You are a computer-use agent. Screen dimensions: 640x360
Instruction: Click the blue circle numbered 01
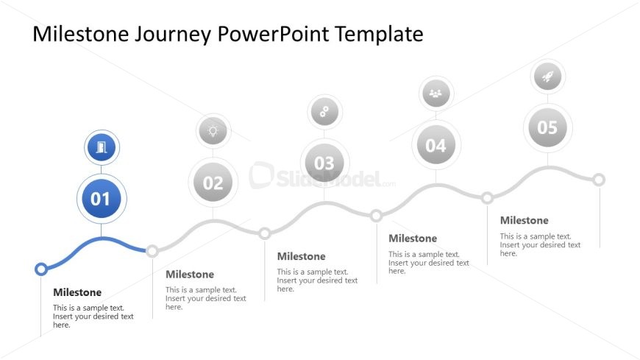pyautogui.click(x=102, y=199)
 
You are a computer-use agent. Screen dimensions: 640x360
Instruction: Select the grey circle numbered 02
pyautogui.click(x=213, y=183)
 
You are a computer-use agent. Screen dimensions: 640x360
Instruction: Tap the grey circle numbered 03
pyautogui.click(x=324, y=163)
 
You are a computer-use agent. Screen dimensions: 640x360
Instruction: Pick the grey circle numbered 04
pyautogui.click(x=436, y=144)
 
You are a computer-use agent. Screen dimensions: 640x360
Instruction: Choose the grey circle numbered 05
pyautogui.click(x=547, y=127)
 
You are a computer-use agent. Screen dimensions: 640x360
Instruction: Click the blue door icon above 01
pyautogui.click(x=102, y=147)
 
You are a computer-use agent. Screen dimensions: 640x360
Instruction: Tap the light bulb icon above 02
pyautogui.click(x=213, y=131)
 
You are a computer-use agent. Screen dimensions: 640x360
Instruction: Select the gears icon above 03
pyautogui.click(x=324, y=112)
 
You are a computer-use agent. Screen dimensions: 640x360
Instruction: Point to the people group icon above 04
pyautogui.click(x=436, y=93)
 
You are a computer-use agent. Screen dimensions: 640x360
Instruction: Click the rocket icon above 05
pyautogui.click(x=547, y=77)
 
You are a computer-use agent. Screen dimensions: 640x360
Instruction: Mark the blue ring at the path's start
pyautogui.click(x=40, y=269)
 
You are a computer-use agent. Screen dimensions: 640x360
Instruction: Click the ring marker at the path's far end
pyautogui.click(x=599, y=180)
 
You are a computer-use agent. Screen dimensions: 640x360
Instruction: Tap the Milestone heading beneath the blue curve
pyautogui.click(x=77, y=292)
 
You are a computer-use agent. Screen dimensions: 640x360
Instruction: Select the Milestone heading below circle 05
pyautogui.click(x=524, y=220)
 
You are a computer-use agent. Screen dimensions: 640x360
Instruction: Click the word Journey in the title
pyautogui.click(x=173, y=35)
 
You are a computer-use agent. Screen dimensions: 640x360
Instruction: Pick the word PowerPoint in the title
pyautogui.click(x=273, y=34)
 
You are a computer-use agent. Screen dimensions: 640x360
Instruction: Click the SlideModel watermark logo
pyautogui.click(x=322, y=177)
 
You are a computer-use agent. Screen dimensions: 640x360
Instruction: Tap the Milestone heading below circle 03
pyautogui.click(x=301, y=256)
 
